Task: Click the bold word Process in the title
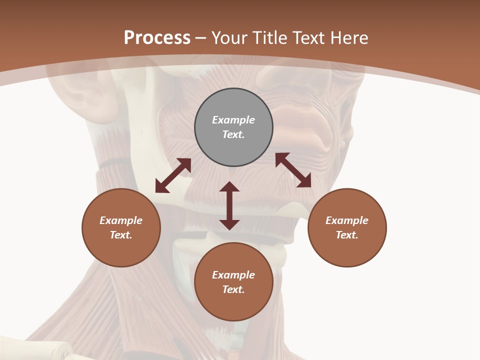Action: (x=157, y=38)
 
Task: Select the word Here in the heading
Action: (x=349, y=38)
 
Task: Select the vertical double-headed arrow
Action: (x=229, y=205)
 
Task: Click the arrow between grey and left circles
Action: (x=173, y=175)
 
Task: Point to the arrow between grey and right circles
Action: (x=293, y=170)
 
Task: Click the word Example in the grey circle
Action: (x=233, y=120)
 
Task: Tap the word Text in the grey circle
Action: (x=233, y=134)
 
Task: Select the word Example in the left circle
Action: (x=121, y=220)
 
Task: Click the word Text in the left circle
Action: (x=121, y=235)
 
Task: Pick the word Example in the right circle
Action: (x=347, y=220)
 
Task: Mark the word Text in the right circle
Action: (x=347, y=235)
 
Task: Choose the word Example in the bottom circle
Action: (x=233, y=275)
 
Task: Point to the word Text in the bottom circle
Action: (x=233, y=289)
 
